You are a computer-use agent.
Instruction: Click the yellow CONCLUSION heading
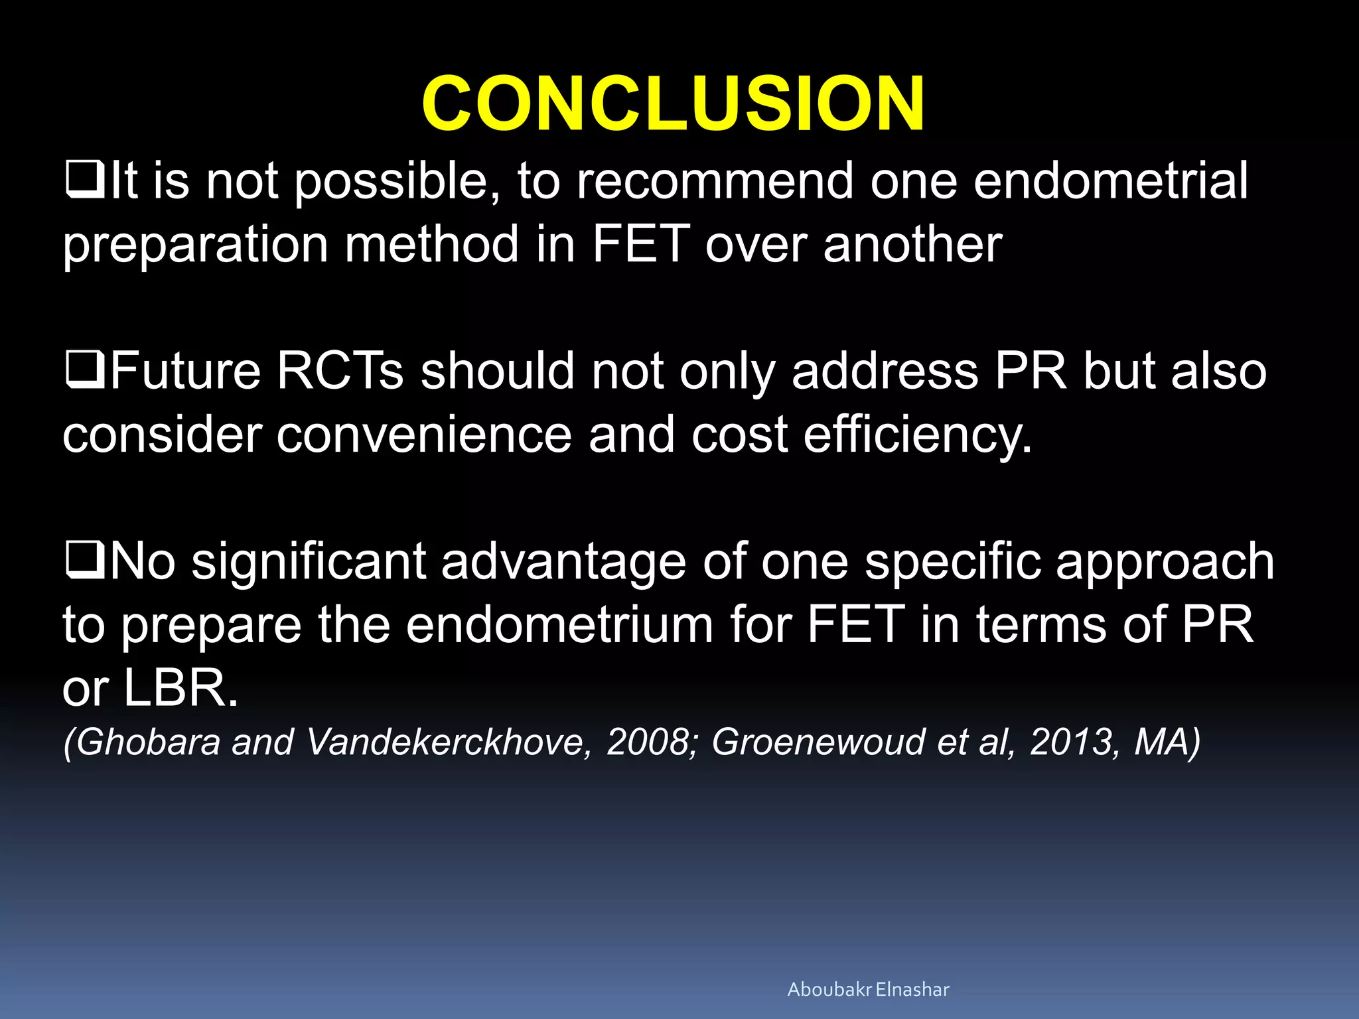tap(673, 103)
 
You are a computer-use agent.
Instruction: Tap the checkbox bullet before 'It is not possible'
tap(85, 180)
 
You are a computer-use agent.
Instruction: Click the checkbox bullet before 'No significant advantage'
tap(85, 561)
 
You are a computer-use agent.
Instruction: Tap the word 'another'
tap(912, 244)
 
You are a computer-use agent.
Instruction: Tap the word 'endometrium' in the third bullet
tap(559, 625)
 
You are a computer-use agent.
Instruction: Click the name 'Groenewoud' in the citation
tap(818, 742)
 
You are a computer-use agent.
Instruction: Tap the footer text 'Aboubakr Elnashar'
tap(868, 990)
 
